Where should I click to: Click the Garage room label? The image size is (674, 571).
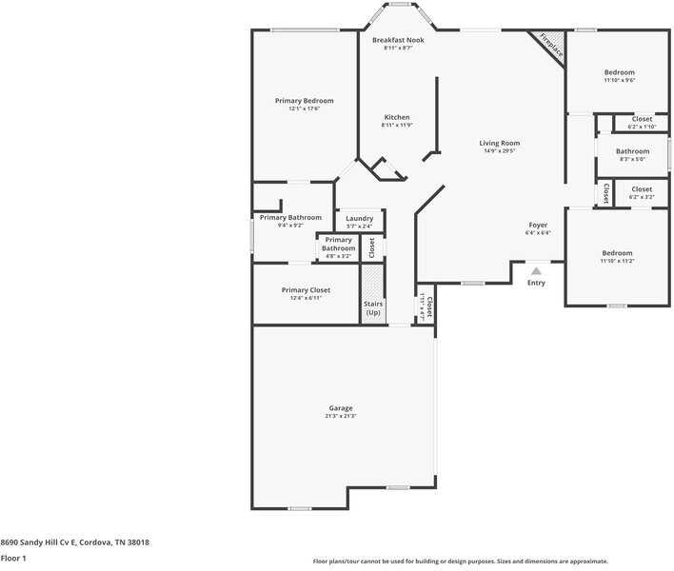click(341, 408)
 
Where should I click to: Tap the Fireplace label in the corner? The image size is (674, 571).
click(551, 46)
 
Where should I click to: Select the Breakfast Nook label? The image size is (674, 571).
click(398, 40)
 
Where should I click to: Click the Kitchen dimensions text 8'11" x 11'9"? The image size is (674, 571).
click(397, 125)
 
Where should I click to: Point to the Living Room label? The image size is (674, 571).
click(499, 143)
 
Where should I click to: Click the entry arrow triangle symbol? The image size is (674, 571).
click(536, 271)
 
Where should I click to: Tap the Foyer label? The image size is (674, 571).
click(537, 225)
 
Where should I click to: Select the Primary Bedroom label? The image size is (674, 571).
click(304, 101)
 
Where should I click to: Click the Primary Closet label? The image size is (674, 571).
click(306, 289)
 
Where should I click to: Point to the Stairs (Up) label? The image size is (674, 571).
click(373, 308)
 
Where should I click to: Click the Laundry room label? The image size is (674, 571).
click(359, 218)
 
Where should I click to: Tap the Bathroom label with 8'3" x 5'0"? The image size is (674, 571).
click(632, 151)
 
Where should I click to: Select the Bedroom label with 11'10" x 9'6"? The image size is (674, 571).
click(619, 72)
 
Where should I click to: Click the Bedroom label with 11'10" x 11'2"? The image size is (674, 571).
click(617, 253)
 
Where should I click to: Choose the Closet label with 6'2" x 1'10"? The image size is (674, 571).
click(643, 119)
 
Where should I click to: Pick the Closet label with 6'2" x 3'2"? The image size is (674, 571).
click(643, 189)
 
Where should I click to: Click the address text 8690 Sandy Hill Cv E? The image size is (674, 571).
click(75, 541)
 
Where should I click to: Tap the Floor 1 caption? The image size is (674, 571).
click(13, 558)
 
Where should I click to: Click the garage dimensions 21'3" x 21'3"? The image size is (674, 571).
click(341, 416)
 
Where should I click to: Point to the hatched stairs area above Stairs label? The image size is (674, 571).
click(373, 281)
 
